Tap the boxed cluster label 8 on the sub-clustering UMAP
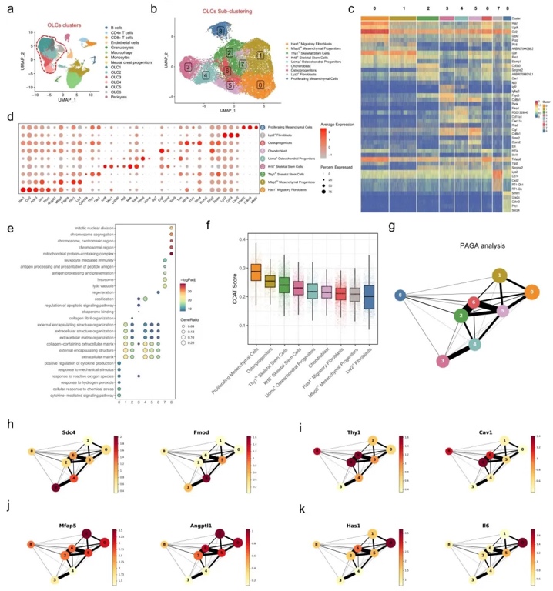pos(221,31)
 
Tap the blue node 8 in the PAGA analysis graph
pos(398,295)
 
